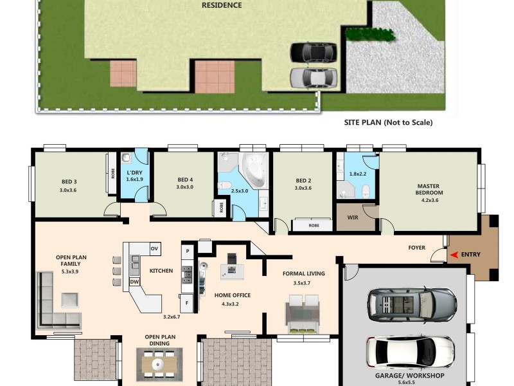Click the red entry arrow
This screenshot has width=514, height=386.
pyautogui.click(x=454, y=255)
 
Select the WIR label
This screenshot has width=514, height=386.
pyautogui.click(x=352, y=217)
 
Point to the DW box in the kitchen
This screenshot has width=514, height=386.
pyautogui.click(x=135, y=282)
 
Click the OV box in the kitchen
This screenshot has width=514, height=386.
pyautogui.click(x=154, y=248)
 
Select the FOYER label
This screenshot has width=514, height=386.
pyautogui.click(x=417, y=248)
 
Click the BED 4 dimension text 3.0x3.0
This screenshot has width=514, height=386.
pyautogui.click(x=185, y=188)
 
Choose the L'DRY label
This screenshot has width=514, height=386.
pyautogui.click(x=134, y=174)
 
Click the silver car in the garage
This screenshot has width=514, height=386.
pyautogui.click(x=411, y=304)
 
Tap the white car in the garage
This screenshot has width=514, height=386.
pyautogui.click(x=411, y=351)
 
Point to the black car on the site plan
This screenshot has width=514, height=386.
pyautogui.click(x=313, y=52)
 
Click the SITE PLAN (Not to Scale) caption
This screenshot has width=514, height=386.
pyautogui.click(x=389, y=122)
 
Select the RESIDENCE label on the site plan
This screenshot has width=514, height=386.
pyautogui.click(x=222, y=5)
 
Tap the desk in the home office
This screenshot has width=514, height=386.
pyautogui.click(x=232, y=271)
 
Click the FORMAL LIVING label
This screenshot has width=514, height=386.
pyautogui.click(x=303, y=273)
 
